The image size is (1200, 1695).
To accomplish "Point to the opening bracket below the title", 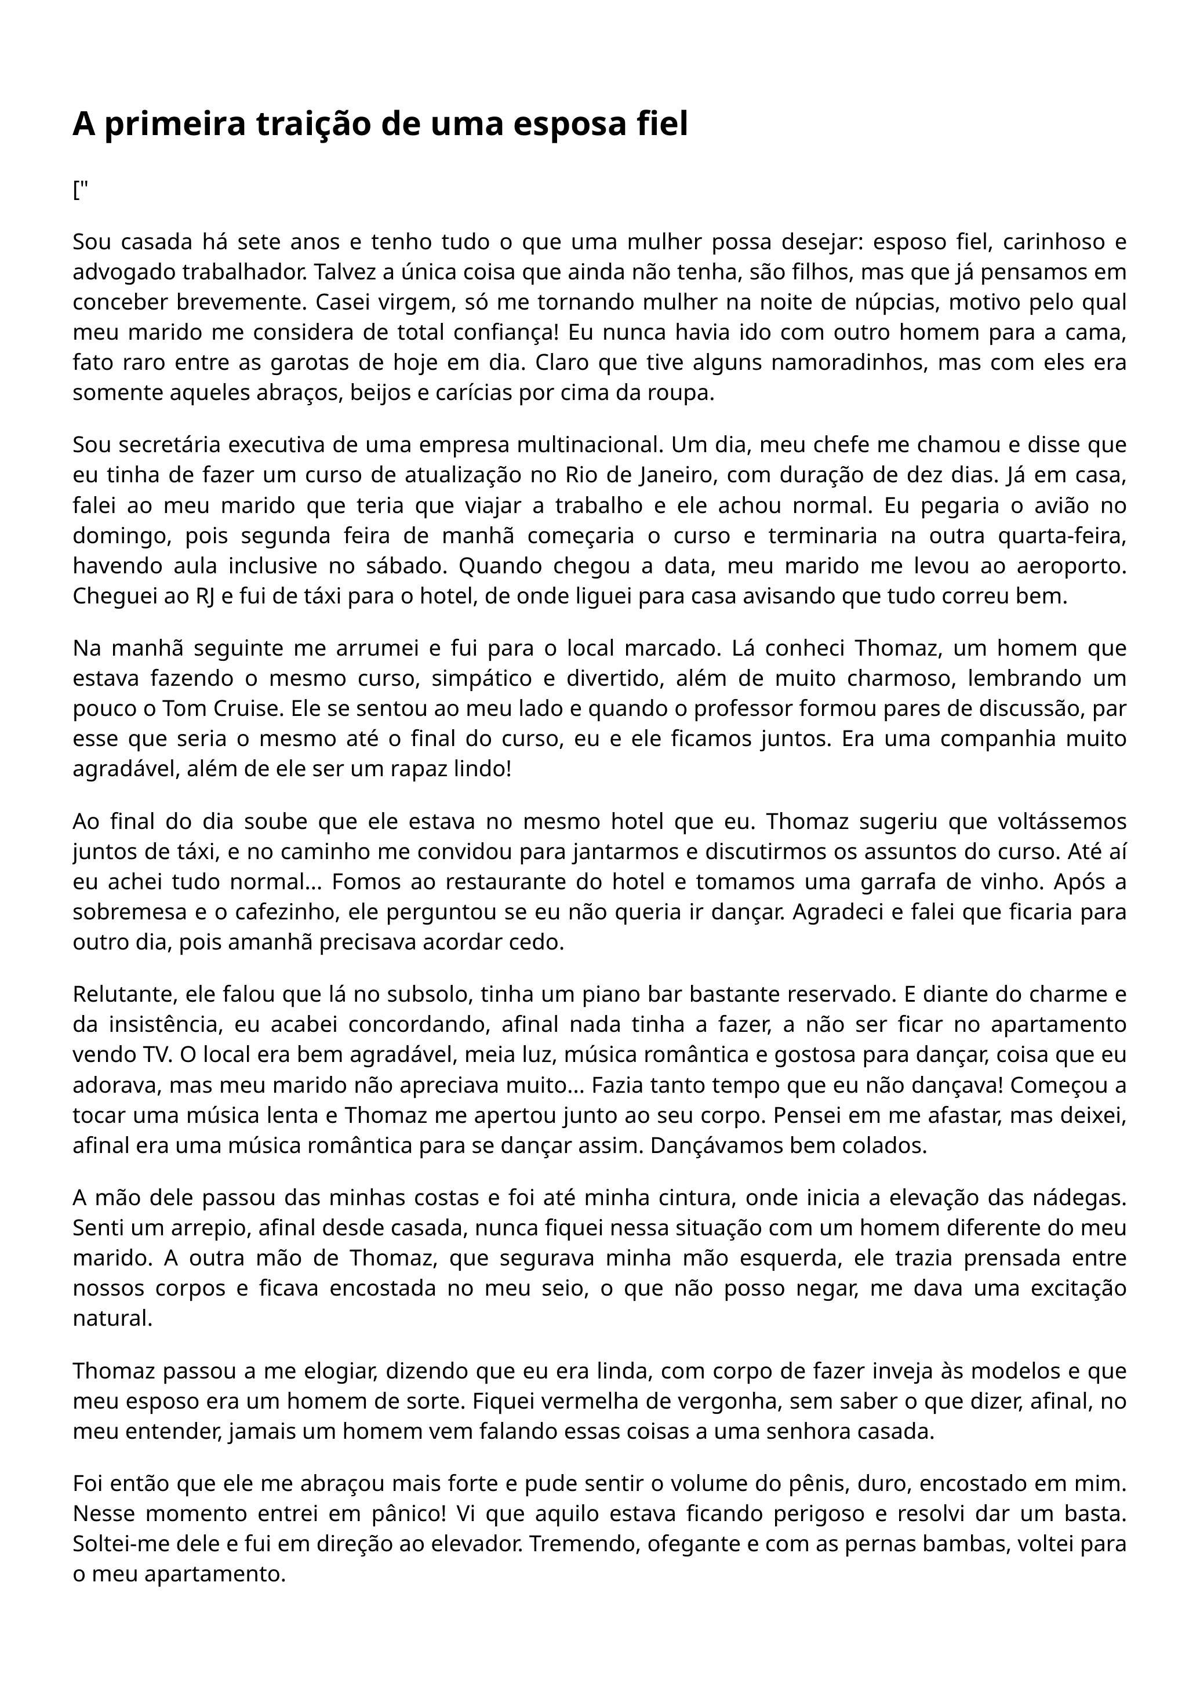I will [76, 191].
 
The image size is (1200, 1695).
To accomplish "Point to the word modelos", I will [1017, 1372].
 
